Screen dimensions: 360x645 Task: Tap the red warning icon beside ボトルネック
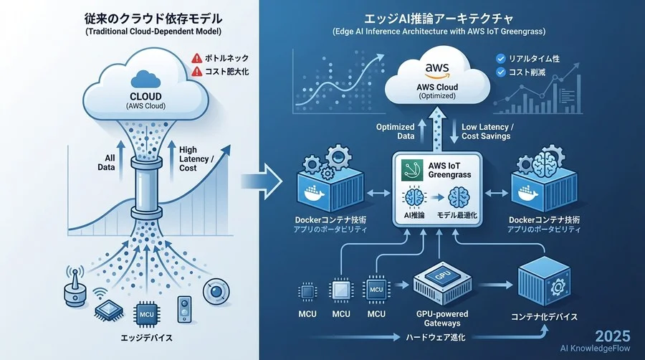[x=196, y=58]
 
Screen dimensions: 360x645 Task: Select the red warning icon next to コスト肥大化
[x=196, y=72]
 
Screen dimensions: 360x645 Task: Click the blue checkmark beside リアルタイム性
[x=501, y=58]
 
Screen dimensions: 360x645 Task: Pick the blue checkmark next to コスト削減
[x=501, y=72]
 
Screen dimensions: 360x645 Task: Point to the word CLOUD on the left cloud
[x=146, y=97]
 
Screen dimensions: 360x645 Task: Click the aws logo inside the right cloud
[x=436, y=70]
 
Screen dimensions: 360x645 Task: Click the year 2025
[x=613, y=336]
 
